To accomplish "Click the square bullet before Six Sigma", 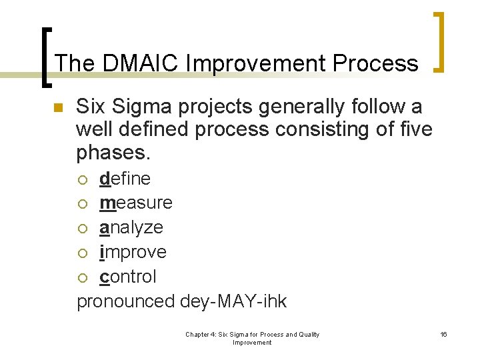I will point(57,108).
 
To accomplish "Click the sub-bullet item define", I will point(125,179).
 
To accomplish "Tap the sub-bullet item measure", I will point(135,203).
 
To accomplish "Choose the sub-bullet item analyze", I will point(131,227).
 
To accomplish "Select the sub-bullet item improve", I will point(133,252).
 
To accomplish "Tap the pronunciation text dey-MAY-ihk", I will point(233,301).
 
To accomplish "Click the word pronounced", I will point(126,301).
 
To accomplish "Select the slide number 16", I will point(443,334).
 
